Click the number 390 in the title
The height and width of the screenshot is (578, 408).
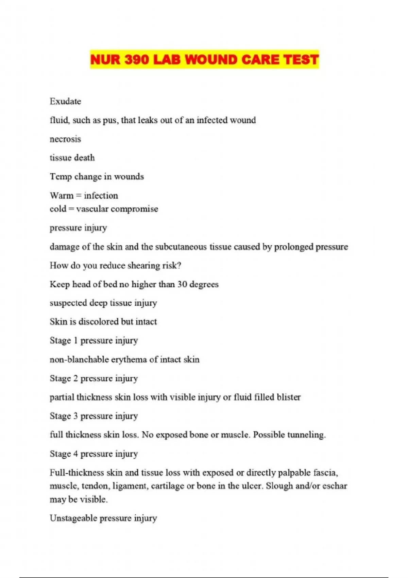point(137,60)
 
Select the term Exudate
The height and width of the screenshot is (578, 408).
point(65,101)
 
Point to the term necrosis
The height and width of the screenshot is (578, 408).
point(65,139)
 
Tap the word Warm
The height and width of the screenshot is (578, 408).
point(61,195)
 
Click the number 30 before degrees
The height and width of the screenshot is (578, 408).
point(182,284)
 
